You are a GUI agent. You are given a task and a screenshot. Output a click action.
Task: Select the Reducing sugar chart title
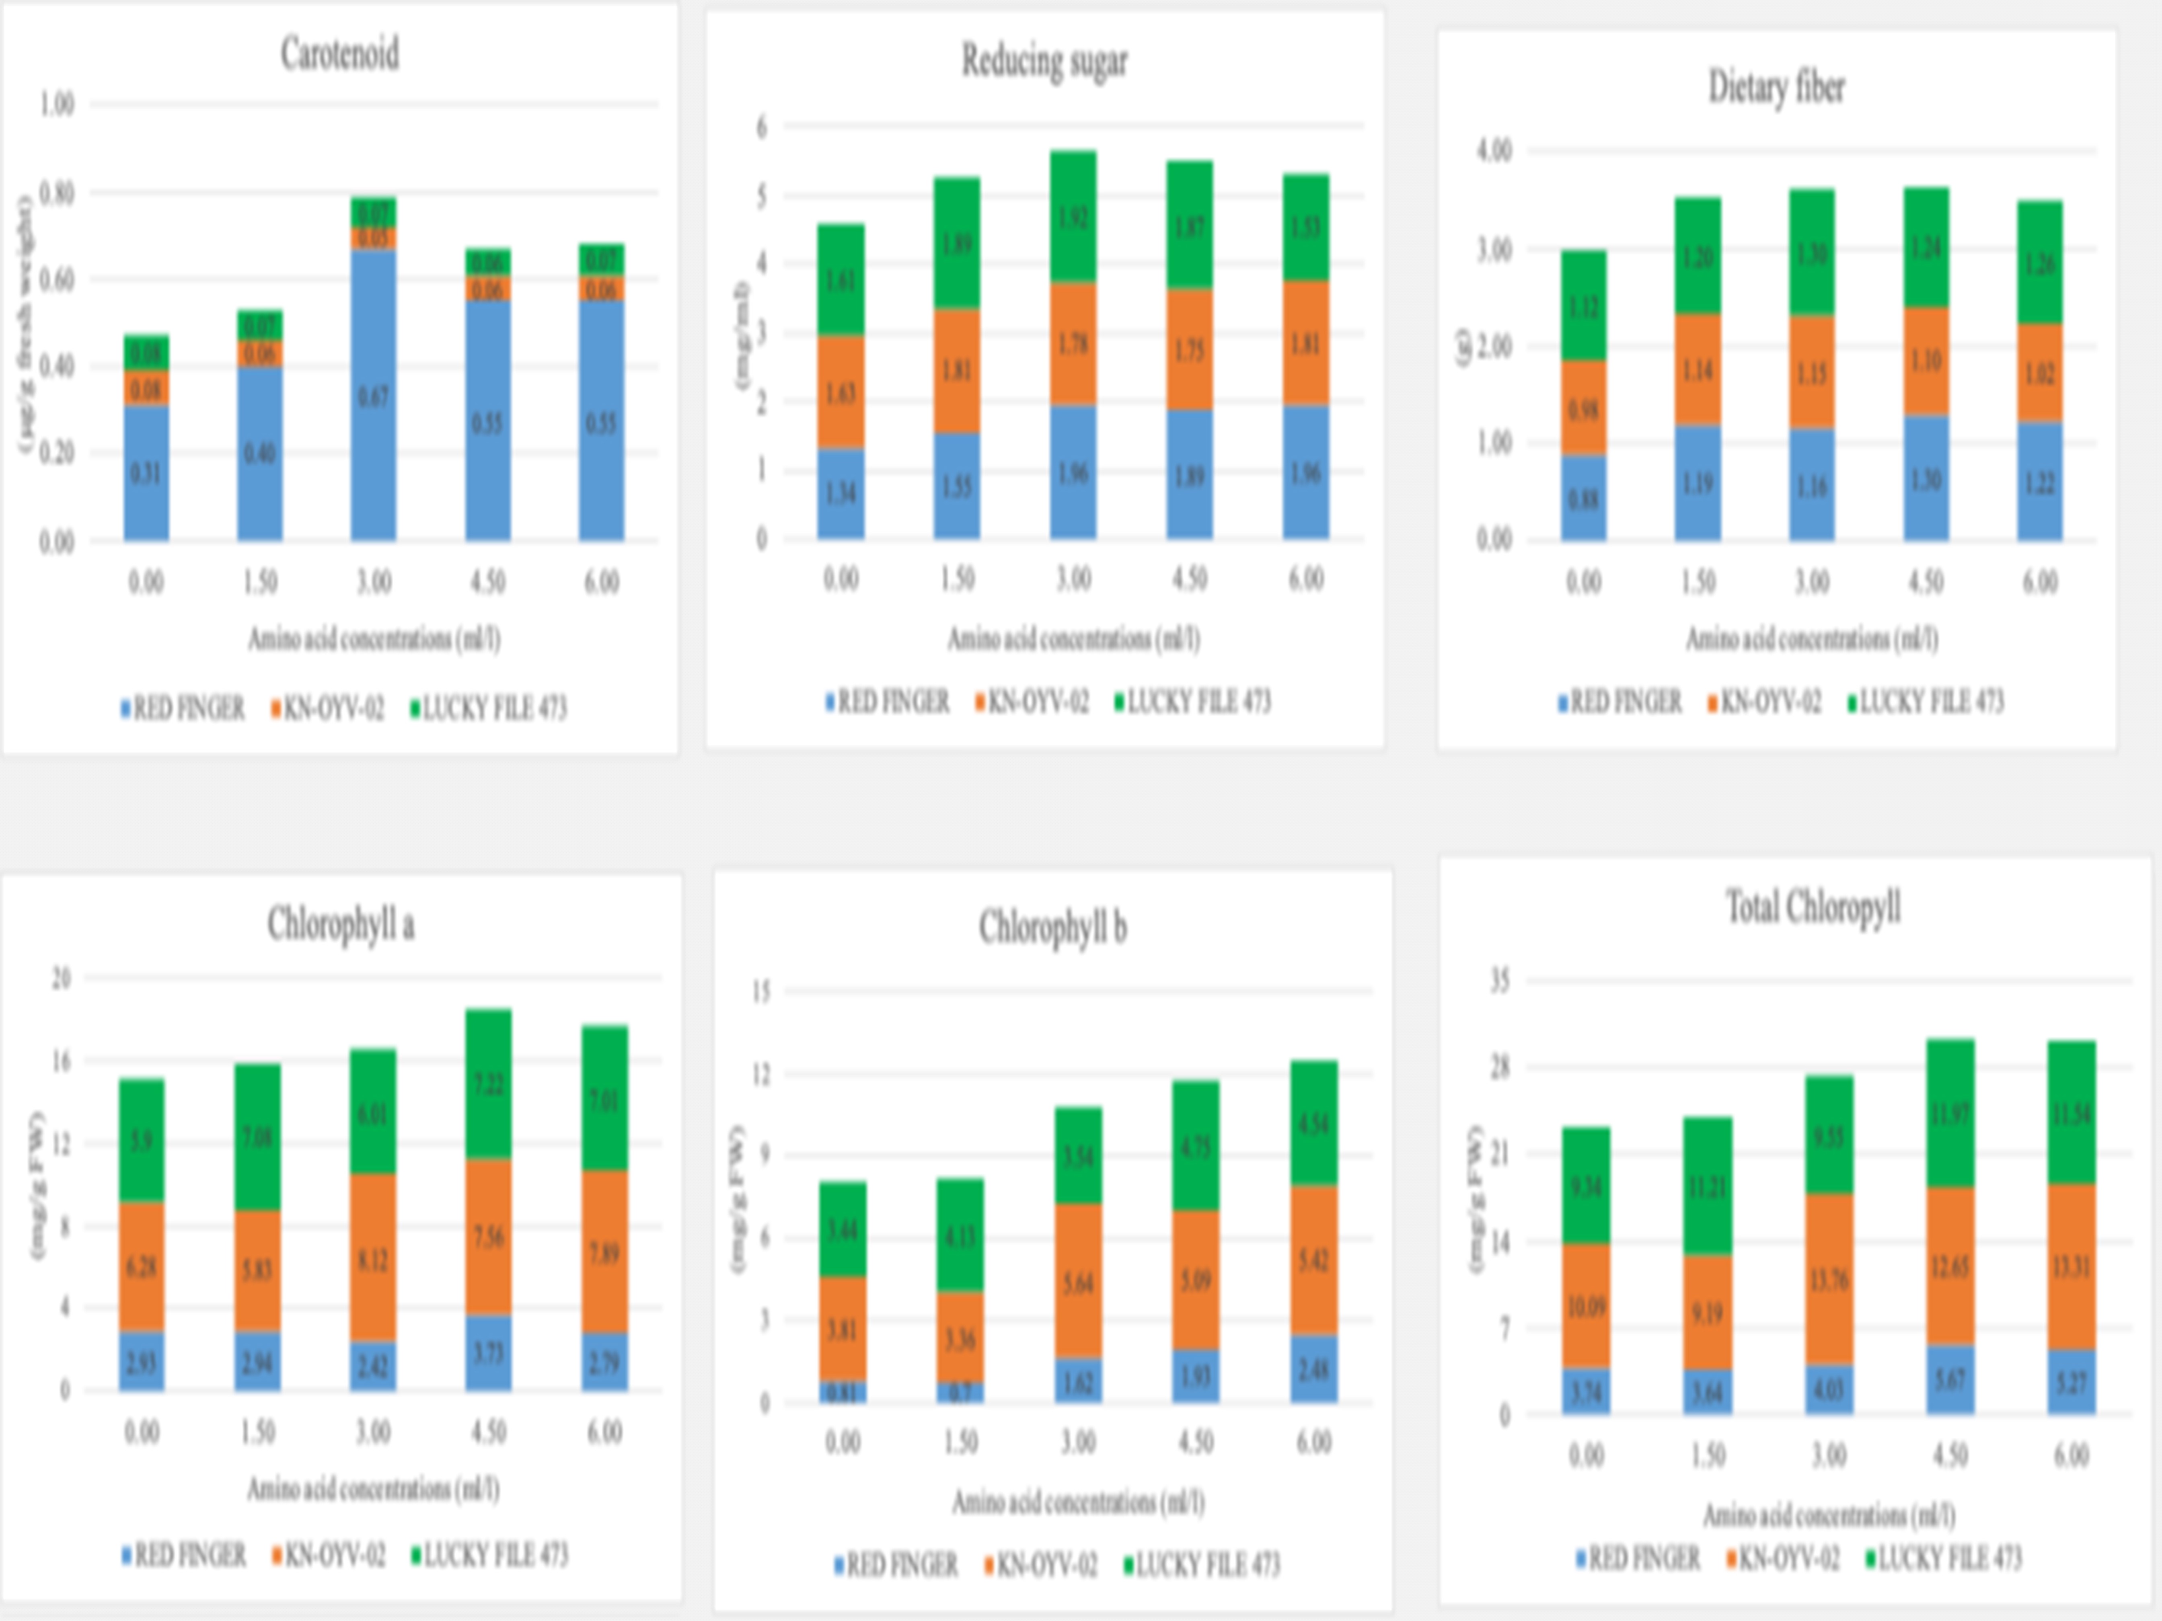(x=1044, y=61)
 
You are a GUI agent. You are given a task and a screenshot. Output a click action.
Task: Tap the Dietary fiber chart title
(x=1776, y=87)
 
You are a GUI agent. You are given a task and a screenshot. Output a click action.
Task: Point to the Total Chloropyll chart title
(x=1813, y=907)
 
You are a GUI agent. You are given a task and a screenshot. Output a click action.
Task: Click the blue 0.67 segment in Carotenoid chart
(x=373, y=396)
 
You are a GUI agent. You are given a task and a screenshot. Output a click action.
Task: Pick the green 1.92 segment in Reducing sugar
(x=1073, y=217)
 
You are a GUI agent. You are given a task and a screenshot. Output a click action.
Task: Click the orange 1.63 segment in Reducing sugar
(x=841, y=392)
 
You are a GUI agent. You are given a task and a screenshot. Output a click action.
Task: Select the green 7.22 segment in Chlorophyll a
(x=488, y=1083)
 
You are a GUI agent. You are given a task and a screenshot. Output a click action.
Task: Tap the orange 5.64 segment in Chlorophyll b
(x=1078, y=1281)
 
